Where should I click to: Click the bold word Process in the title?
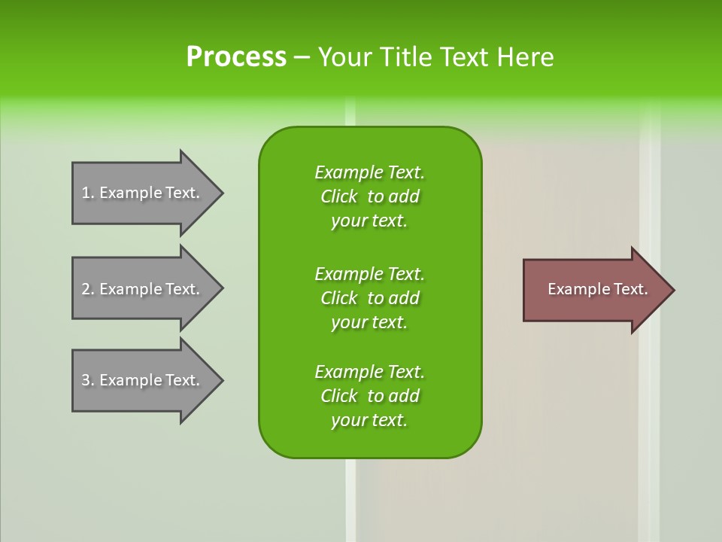(x=236, y=57)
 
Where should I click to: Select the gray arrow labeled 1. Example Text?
(x=143, y=193)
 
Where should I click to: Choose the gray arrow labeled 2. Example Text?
(x=143, y=289)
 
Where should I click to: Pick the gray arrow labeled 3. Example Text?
(x=143, y=380)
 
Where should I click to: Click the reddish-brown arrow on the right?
(x=594, y=290)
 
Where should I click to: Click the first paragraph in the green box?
(x=369, y=196)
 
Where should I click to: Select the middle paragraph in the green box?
(x=369, y=298)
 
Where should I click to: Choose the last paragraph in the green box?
(x=369, y=396)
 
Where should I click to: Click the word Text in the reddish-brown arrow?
(x=631, y=289)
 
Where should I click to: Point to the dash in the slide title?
(x=302, y=57)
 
